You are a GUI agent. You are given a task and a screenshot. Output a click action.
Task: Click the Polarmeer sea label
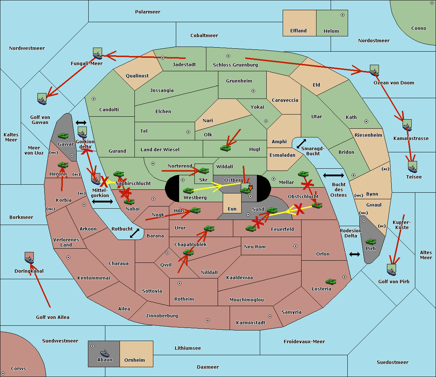[148, 12]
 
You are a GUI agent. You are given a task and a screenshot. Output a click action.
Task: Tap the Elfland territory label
[298, 31]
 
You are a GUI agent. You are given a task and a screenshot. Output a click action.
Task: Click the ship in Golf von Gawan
[42, 99]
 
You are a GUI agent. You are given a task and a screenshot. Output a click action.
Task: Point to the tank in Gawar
[63, 136]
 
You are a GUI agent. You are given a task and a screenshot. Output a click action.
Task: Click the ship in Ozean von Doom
[374, 71]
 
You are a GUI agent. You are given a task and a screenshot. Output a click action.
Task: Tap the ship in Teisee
[412, 168]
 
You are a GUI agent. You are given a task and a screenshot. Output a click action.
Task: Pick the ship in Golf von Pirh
[391, 270]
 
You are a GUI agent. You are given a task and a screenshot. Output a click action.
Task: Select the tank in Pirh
[371, 241]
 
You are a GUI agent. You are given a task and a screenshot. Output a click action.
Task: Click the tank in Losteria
[331, 281]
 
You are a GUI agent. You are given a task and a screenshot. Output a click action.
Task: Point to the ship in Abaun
[105, 353]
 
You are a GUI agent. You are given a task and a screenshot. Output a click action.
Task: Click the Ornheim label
[134, 360]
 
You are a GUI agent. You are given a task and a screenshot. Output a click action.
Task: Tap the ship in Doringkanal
[29, 258]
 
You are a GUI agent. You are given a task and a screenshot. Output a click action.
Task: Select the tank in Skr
[203, 170]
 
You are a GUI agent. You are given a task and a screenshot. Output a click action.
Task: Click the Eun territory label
[232, 209]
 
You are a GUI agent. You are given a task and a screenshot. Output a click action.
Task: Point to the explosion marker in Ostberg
[250, 188]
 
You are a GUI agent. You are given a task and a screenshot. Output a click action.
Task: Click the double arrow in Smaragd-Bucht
[301, 144]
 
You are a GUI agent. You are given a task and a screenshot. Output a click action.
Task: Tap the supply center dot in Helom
[342, 15]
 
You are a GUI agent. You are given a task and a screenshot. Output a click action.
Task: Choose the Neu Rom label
[255, 247]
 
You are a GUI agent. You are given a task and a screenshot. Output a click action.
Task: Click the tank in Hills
[195, 210]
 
